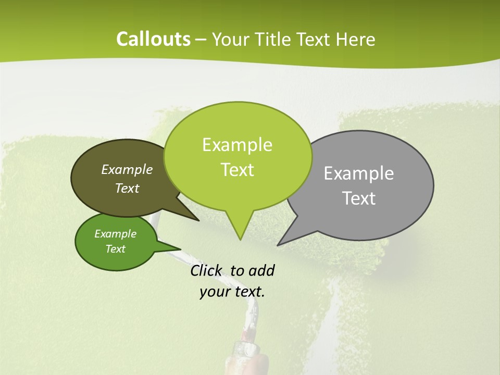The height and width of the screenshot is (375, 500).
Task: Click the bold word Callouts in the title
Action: [x=154, y=39]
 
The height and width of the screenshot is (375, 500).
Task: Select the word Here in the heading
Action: [x=356, y=40]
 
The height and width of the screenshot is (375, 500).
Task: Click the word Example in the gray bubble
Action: [x=359, y=173]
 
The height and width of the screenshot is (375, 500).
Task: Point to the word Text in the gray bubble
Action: [x=359, y=198]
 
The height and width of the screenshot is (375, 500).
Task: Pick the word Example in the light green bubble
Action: [x=237, y=145]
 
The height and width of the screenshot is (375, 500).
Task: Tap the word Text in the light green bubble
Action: [x=238, y=170]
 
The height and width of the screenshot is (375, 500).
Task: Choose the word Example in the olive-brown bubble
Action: [x=127, y=169]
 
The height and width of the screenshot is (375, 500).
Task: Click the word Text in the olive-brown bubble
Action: [x=127, y=188]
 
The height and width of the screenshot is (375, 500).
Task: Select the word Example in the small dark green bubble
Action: [x=116, y=234]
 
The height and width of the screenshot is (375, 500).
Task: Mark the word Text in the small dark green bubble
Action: [x=116, y=249]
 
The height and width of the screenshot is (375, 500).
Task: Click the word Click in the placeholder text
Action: [x=207, y=270]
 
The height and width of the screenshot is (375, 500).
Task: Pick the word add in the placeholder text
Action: [x=261, y=270]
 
